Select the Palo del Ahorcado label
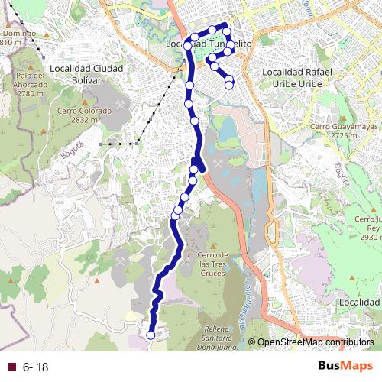tap(31, 84)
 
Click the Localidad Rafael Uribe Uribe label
tap(297, 76)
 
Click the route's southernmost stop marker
tap(151, 335)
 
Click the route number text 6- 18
tap(36, 367)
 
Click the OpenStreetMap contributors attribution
tap(315, 342)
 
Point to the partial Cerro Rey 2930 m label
tap(367, 228)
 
